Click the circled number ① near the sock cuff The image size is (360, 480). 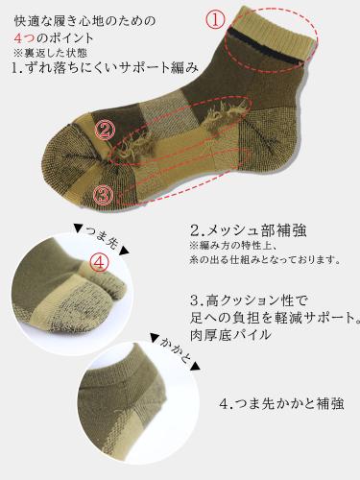(215, 20)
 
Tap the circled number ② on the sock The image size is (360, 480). (105, 130)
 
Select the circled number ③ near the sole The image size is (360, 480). (103, 195)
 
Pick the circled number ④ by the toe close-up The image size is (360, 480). (99, 263)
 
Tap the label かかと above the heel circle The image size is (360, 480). (175, 349)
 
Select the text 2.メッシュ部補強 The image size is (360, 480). (248, 230)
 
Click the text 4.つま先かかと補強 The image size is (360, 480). (282, 404)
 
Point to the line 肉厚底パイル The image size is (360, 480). (230, 335)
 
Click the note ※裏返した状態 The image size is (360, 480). (50, 53)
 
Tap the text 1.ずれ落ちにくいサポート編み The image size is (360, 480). (105, 67)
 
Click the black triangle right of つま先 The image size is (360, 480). (125, 251)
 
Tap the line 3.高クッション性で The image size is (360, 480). (249, 300)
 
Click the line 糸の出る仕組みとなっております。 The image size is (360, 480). (264, 259)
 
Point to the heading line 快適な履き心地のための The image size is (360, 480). (85, 21)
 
